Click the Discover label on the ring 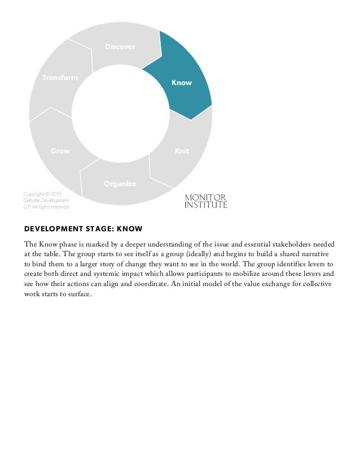[x=120, y=47]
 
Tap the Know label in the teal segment [x=182, y=83]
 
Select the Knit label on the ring [x=182, y=151]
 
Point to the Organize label [x=120, y=184]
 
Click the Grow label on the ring [x=60, y=151]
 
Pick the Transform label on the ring [x=60, y=77]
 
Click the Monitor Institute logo [x=206, y=201]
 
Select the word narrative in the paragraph [x=319, y=254]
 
